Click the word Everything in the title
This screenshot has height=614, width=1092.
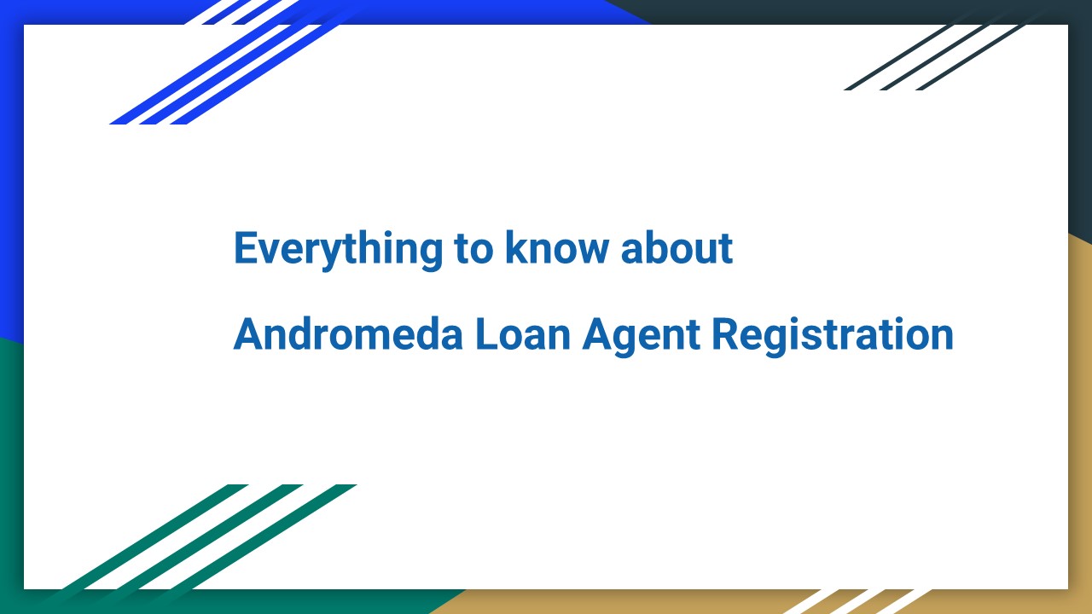point(338,249)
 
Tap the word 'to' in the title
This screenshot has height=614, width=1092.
point(473,249)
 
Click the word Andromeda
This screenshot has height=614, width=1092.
point(347,334)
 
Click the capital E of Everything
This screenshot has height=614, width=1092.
point(245,249)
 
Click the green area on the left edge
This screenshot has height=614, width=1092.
point(11,469)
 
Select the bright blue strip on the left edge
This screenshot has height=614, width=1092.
point(11,171)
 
